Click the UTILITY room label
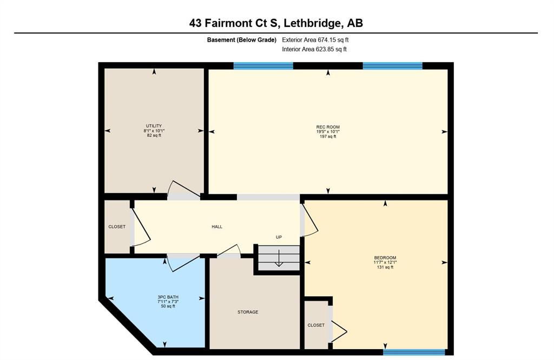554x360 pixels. click(x=154, y=126)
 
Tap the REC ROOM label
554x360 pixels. click(x=328, y=127)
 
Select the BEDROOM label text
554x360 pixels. click(x=385, y=258)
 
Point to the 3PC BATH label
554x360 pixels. click(x=168, y=297)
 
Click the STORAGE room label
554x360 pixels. click(x=248, y=312)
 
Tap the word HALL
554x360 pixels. click(x=217, y=227)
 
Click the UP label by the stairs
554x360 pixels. click(x=279, y=237)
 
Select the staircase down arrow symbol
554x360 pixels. click(x=279, y=258)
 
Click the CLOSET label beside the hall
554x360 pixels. click(x=117, y=227)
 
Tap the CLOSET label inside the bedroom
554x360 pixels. click(x=316, y=325)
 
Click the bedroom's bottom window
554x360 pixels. click(x=414, y=352)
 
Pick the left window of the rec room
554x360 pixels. click(x=263, y=66)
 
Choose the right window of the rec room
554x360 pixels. click(x=393, y=66)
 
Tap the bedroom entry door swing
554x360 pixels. click(x=310, y=221)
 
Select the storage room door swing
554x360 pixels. click(x=229, y=250)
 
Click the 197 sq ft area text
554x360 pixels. click(x=328, y=136)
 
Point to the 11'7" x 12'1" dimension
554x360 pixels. click(x=385, y=263)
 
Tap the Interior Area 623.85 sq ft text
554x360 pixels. click(x=314, y=49)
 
